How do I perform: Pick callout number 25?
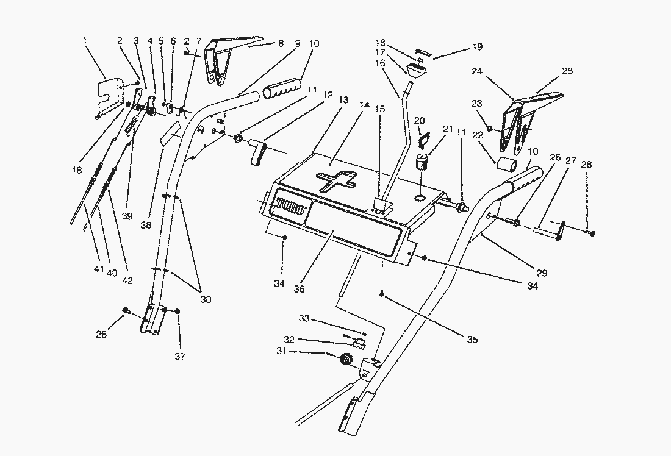[x=567, y=71]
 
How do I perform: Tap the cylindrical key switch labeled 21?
[x=420, y=165]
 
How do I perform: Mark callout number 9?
[x=298, y=44]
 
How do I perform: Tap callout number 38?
[x=145, y=224]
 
